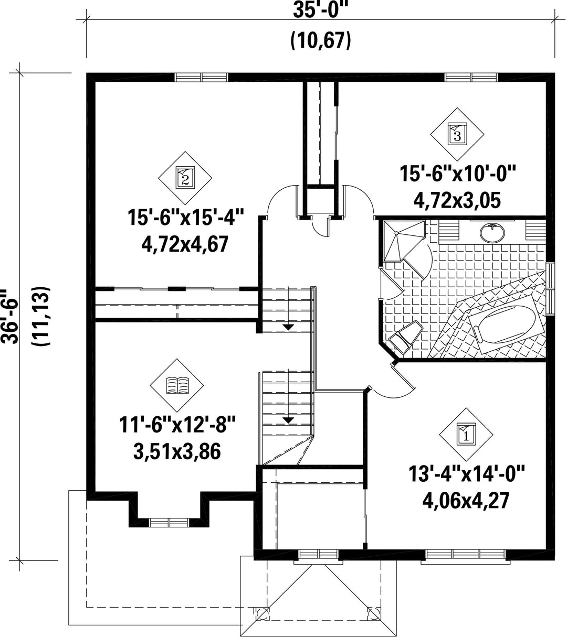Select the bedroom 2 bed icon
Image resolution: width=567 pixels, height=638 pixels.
(x=185, y=178)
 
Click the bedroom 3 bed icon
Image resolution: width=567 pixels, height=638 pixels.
(x=457, y=134)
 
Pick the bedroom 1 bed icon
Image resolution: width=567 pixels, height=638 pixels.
(x=466, y=435)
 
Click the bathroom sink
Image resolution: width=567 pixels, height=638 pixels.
(x=492, y=233)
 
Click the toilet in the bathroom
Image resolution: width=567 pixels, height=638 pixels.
(x=405, y=338)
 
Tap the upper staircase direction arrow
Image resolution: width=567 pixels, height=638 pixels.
(x=288, y=327)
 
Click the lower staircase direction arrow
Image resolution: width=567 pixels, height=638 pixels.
(x=288, y=420)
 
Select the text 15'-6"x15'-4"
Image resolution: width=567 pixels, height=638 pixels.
(x=186, y=217)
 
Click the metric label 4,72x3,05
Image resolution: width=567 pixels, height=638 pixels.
(x=457, y=200)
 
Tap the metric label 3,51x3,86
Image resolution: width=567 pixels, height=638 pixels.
(x=177, y=451)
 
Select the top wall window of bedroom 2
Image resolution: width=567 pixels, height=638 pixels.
(x=201, y=77)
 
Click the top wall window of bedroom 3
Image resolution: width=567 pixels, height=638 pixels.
(x=471, y=77)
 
